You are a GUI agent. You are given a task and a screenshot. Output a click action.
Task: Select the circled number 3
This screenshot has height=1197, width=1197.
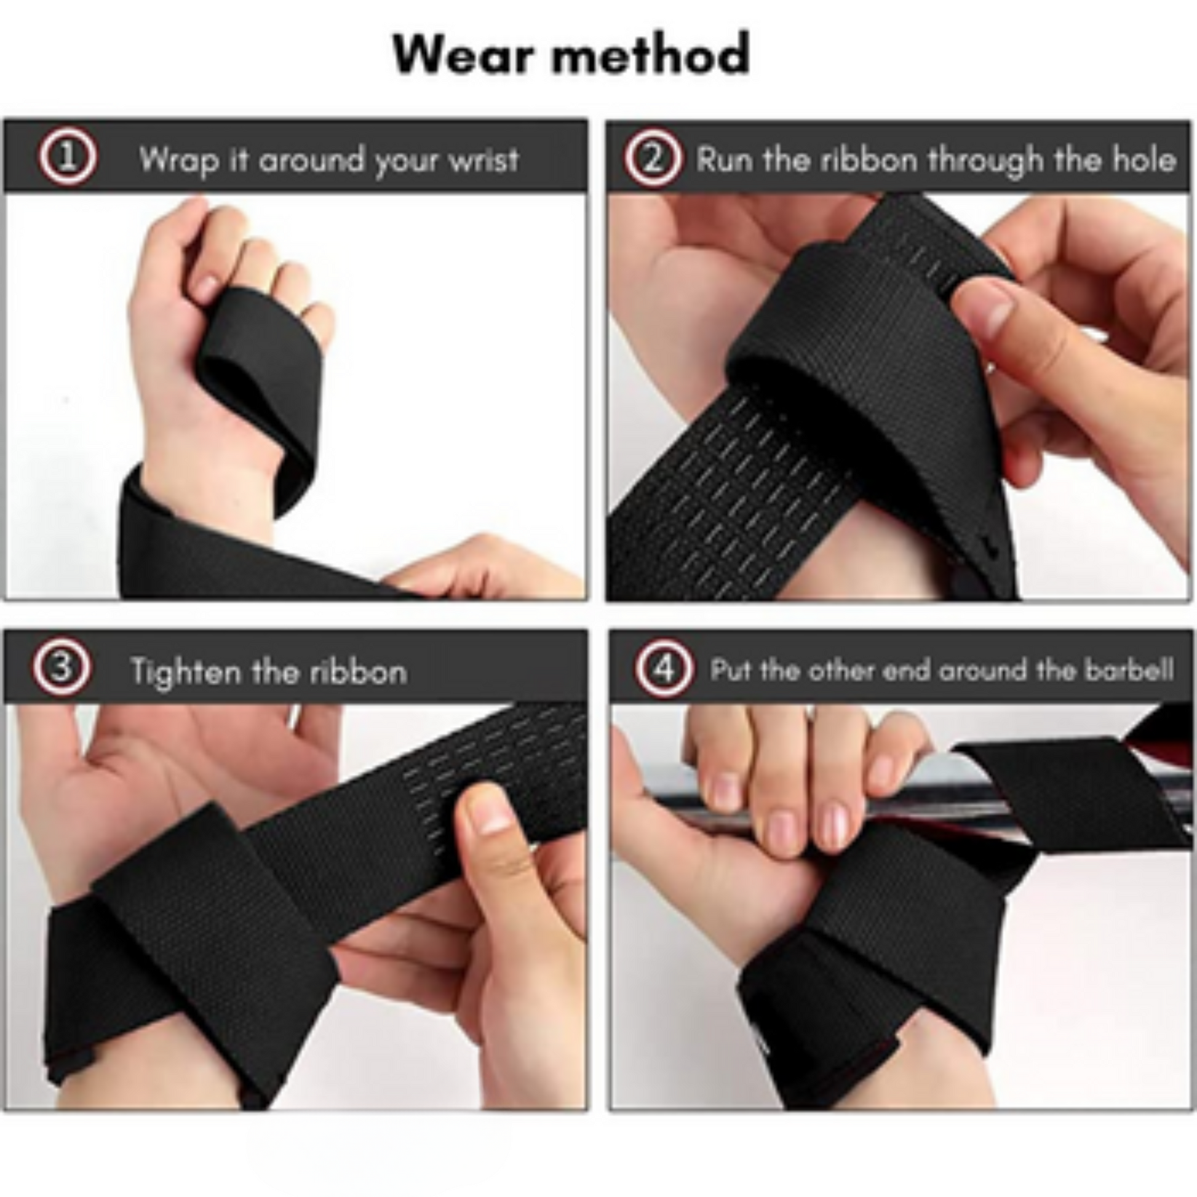62,669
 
